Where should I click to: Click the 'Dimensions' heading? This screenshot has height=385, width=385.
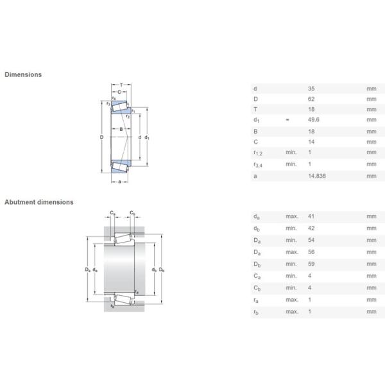[x=23, y=74]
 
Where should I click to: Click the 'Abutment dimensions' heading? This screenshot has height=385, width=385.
[x=39, y=202]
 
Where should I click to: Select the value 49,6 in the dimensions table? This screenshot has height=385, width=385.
[x=315, y=121]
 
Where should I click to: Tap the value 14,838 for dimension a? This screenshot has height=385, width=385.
[x=317, y=175]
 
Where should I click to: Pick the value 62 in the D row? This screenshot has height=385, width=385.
[x=312, y=99]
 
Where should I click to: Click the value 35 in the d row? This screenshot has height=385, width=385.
[x=312, y=88]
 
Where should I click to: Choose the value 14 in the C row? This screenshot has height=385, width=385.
[x=312, y=142]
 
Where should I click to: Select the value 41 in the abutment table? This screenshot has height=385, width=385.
[x=312, y=216]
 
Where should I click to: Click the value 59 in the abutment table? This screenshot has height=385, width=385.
[x=312, y=264]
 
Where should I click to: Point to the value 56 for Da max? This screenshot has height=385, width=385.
[x=312, y=252]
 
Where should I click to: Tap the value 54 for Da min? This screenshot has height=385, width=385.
[x=312, y=239]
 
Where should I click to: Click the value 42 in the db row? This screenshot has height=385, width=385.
[x=312, y=228]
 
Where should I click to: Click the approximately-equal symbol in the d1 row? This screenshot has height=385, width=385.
[x=287, y=121]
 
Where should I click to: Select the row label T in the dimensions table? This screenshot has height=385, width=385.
[x=255, y=110]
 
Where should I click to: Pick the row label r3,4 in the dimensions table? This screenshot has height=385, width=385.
[x=258, y=165]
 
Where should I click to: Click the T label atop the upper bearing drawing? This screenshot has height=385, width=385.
[x=121, y=85]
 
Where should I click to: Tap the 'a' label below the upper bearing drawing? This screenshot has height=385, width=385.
[x=119, y=181]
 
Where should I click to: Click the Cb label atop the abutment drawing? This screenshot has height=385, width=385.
[x=132, y=212]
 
